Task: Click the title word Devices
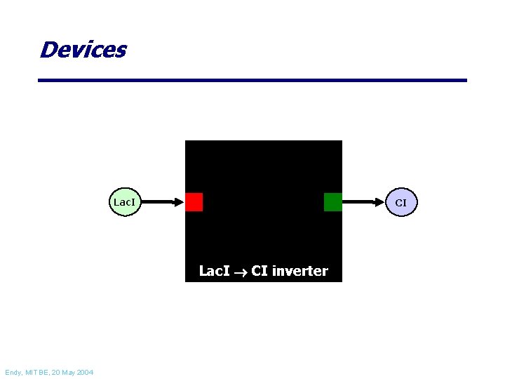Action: [x=83, y=50]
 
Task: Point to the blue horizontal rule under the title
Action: [x=252, y=81]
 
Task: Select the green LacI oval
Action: [x=124, y=202]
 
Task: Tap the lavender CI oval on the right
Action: [x=400, y=202]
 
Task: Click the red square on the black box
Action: [x=194, y=202]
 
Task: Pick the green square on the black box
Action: [x=333, y=202]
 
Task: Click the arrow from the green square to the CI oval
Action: [x=363, y=202]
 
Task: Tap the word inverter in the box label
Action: [x=299, y=271]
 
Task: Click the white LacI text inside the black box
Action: [x=214, y=271]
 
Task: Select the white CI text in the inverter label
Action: [x=259, y=271]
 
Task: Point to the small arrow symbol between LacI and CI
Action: [x=240, y=272]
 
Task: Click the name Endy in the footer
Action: [x=14, y=372]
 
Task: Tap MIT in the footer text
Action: [x=34, y=372]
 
